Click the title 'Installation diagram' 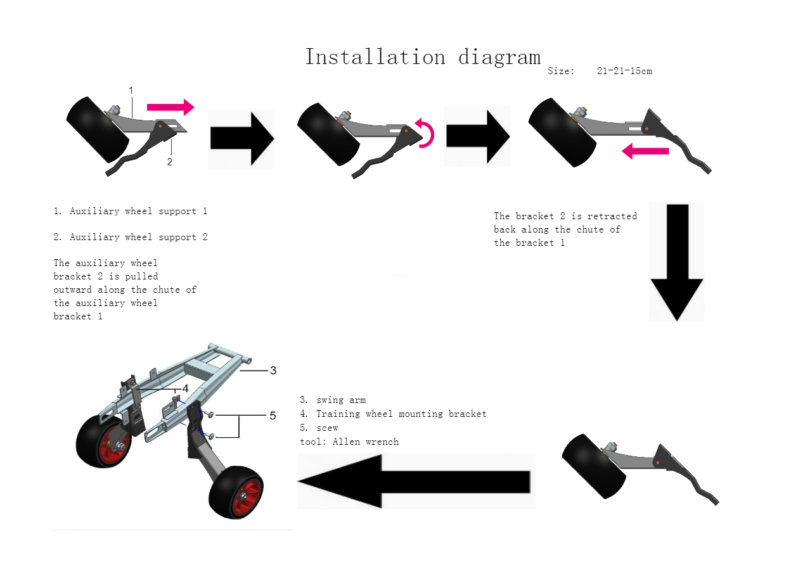point(422,57)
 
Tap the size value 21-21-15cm point(624,71)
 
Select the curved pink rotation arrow point(426,132)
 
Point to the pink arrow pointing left point(645,151)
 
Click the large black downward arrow point(677,262)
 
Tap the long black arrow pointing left point(415,481)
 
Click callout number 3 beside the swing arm point(273,370)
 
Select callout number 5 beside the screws point(273,416)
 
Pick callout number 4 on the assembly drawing point(185,388)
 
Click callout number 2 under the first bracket point(169,162)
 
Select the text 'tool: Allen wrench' point(349,442)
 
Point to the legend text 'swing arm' point(340,400)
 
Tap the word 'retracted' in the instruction point(612,216)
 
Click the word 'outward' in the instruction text point(72,290)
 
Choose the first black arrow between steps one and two point(241,138)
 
